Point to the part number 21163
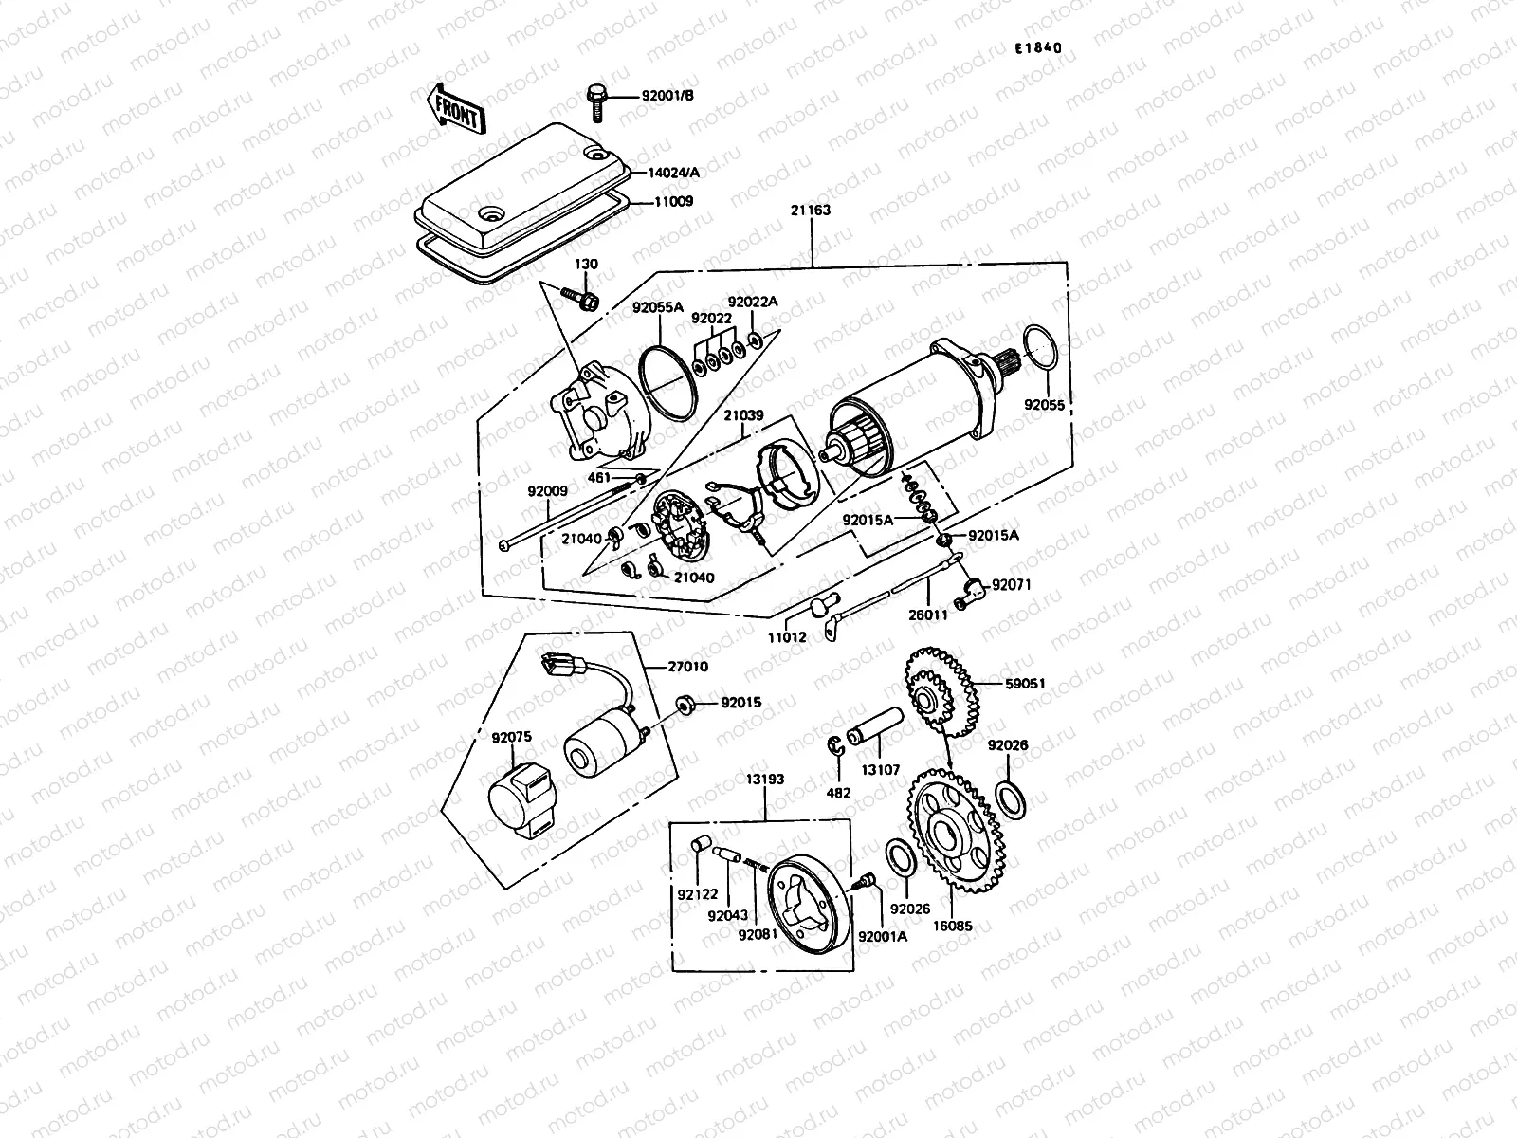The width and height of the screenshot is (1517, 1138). (x=811, y=211)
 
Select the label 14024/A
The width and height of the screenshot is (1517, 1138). (x=674, y=173)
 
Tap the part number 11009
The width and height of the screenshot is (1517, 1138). (x=672, y=202)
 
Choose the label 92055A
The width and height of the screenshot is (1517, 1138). (x=658, y=308)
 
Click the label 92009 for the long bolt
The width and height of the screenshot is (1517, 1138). (x=548, y=491)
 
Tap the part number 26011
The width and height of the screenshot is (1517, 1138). (x=928, y=615)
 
